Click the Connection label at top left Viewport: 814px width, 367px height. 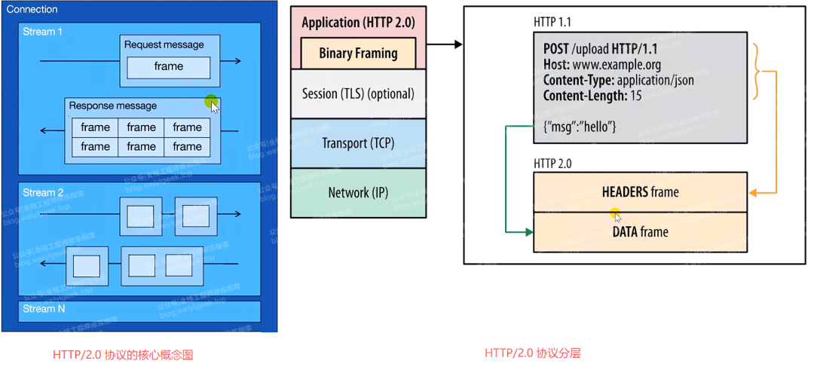31,10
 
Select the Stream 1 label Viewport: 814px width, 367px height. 44,32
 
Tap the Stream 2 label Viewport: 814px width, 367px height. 44,192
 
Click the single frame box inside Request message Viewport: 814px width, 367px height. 168,66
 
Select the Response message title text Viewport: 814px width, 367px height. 113,106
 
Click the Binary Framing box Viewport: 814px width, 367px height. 358,53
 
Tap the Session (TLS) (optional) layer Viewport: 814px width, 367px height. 358,94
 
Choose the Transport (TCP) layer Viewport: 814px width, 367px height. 358,143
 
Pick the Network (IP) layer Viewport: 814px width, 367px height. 358,193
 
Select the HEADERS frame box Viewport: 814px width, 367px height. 640,192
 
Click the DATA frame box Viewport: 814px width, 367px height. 640,231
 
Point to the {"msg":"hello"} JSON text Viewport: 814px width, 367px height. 580,127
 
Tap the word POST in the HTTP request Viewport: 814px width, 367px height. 556,48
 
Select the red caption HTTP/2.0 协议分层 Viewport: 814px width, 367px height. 533,353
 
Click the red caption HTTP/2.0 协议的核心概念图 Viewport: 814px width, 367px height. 123,354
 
